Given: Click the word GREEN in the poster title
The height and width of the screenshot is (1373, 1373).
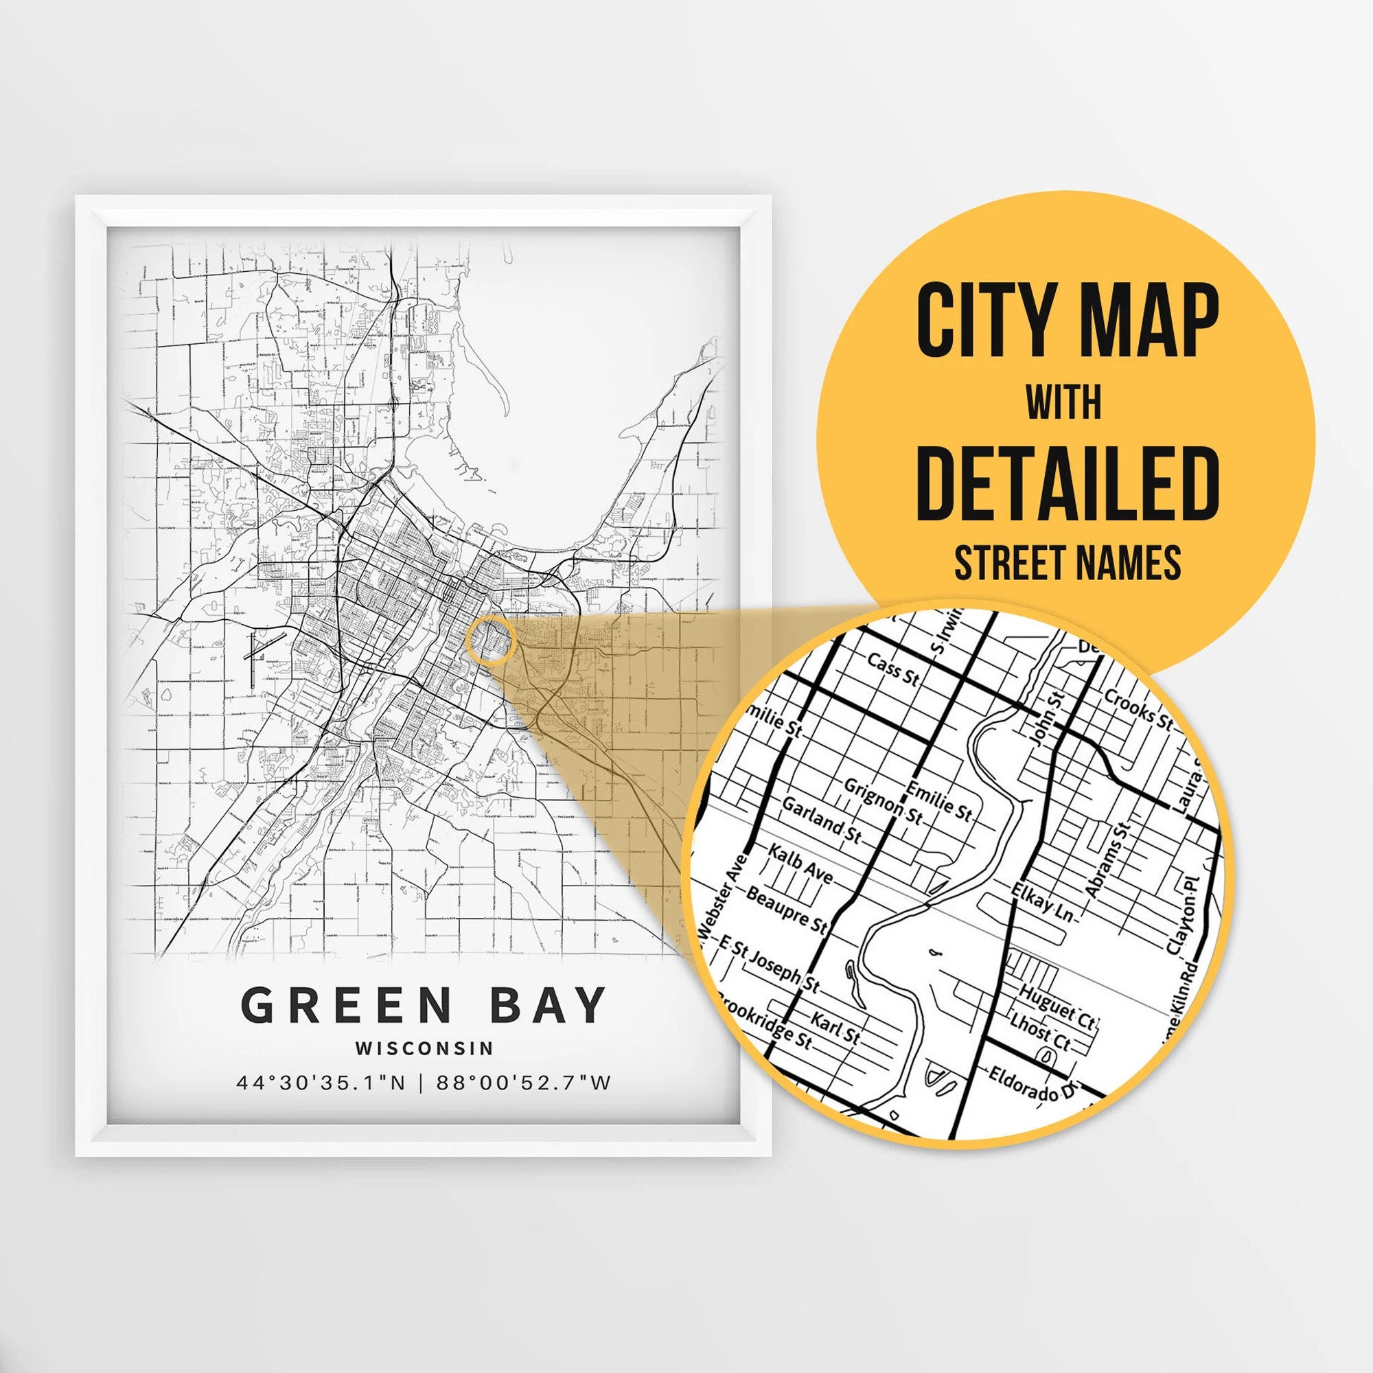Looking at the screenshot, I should pos(346,1005).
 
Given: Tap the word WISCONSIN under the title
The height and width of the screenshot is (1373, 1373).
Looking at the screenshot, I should pos(424,1048).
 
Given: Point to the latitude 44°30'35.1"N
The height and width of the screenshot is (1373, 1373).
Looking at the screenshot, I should pos(321,1083).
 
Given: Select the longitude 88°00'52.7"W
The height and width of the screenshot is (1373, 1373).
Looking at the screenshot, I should pos(524,1083).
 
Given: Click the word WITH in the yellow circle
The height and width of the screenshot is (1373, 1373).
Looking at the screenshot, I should pos(1063,402).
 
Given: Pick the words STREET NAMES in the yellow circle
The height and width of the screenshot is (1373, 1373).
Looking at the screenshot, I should pos(1068,562).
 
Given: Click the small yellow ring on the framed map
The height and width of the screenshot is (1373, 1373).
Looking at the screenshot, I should pos(490,641).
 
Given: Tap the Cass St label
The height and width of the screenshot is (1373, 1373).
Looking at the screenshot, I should pos(892,670).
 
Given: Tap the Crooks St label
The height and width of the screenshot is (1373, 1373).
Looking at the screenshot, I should pos(1137,708).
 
